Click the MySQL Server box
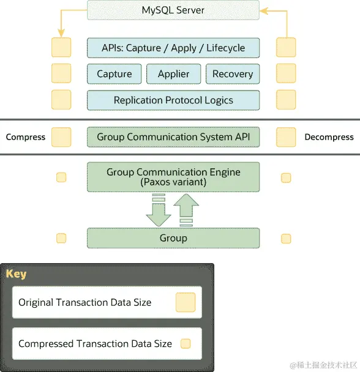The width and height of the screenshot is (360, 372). pos(173,10)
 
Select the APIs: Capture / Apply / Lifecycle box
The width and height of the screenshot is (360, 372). pos(173,48)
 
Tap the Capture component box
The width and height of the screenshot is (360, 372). pos(114,74)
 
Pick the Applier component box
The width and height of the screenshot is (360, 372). pos(173,74)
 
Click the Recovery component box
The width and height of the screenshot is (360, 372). pos(233,74)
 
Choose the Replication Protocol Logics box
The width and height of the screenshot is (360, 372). pos(173,100)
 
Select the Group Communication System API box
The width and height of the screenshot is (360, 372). pos(173,137)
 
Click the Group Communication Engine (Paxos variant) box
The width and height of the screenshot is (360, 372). pos(173,177)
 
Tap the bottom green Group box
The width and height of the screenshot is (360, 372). pos(173,238)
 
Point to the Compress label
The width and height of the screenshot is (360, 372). pos(26,137)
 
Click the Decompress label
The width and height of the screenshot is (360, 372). pos(329,137)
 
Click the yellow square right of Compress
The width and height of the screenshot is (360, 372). pos(61,137)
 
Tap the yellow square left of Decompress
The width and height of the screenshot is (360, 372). pos(286,137)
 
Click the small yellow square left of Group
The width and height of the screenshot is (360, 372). pos(61,238)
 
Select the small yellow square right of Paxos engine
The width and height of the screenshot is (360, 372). pos(286,177)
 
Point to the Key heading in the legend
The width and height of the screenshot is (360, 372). pos(17,273)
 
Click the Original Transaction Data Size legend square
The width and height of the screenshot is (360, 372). pos(186,302)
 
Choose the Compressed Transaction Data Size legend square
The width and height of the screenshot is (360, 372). pos(186,344)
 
